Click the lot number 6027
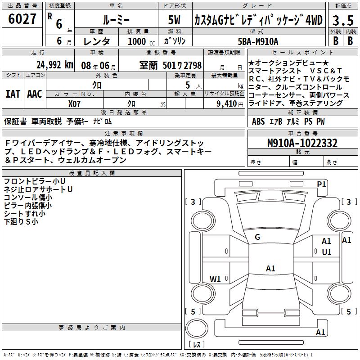22,20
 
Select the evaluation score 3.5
342,21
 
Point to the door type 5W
175,20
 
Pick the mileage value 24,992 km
54,65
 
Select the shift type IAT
13,94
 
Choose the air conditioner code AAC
35,94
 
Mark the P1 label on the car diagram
321,184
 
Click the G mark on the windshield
257,237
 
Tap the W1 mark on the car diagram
215,279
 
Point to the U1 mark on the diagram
326,252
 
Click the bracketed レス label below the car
197,345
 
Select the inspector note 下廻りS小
21,222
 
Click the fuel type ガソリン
175,41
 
